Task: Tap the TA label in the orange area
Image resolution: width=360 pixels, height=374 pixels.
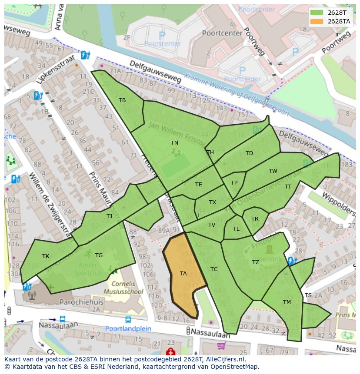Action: coord(183,274)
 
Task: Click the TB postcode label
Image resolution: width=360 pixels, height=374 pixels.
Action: coord(122,100)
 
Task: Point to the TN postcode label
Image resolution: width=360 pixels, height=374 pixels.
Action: coord(174,142)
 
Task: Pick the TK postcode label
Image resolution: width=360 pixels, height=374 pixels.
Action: coord(46,256)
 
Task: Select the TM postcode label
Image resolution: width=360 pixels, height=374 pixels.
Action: coord(287,302)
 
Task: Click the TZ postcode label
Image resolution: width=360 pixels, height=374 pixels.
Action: coord(256,262)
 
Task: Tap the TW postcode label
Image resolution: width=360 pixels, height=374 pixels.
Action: coord(273,171)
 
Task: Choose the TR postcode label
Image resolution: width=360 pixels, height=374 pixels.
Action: coord(255,219)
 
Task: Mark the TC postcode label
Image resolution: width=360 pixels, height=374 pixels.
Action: coord(214,269)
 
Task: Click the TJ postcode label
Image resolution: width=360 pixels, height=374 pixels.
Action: coord(109,216)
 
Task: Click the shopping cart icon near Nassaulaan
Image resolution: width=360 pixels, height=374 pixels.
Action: coord(221,346)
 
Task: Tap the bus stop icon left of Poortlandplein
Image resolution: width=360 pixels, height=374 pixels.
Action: coord(63,320)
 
